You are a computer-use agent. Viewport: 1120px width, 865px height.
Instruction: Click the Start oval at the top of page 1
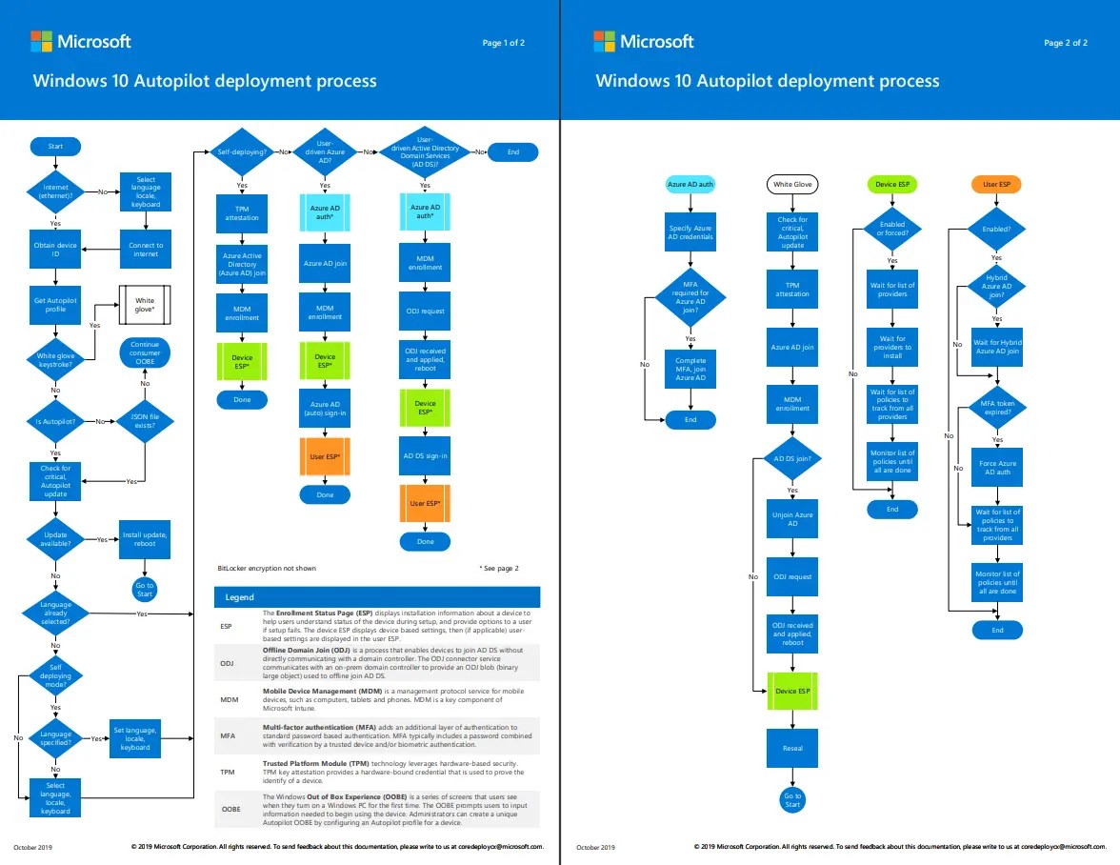(x=55, y=146)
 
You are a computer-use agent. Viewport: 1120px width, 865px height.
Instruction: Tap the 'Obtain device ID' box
(x=55, y=250)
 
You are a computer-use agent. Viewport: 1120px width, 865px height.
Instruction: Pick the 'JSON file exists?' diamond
(x=145, y=421)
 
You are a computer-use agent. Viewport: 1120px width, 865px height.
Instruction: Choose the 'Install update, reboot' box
(x=145, y=540)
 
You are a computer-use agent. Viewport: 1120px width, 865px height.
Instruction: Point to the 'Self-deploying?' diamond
(x=242, y=151)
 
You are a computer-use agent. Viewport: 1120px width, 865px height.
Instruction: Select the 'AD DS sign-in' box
(x=425, y=456)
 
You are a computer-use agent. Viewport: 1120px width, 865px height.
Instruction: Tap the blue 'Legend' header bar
(x=377, y=597)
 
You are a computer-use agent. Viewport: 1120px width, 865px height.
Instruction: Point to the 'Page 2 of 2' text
(x=1065, y=43)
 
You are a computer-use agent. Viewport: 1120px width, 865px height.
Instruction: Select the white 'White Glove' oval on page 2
(x=792, y=184)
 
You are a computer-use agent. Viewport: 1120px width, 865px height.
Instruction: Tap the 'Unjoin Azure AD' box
(x=792, y=519)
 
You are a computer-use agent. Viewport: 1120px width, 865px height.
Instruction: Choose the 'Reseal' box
(x=792, y=748)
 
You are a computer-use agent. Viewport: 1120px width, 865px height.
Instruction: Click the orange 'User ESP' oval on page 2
(x=996, y=184)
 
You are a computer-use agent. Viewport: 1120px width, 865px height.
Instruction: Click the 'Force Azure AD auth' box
(x=997, y=467)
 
